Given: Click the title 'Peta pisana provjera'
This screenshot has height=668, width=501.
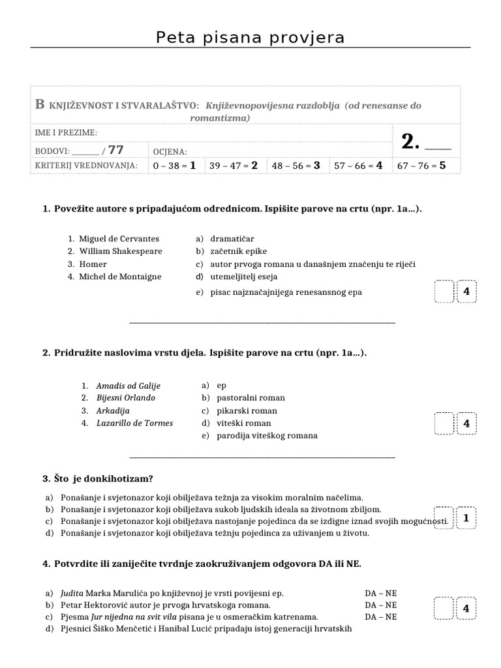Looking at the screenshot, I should (x=250, y=38).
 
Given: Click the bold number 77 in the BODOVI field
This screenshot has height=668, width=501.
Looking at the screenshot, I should (x=116, y=150).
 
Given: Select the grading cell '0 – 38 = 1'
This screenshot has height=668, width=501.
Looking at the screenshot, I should (x=174, y=166).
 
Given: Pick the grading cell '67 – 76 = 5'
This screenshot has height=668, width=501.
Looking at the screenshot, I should (x=421, y=166).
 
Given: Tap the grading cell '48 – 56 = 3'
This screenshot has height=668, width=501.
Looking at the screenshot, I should (x=296, y=166).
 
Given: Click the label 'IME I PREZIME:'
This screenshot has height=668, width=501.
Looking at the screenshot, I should (x=66, y=133).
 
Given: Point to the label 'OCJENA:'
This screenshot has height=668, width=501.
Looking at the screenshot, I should (x=170, y=151).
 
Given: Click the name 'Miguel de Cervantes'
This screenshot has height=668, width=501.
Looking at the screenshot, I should (x=119, y=239).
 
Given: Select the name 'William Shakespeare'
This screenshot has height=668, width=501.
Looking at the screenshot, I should (x=121, y=251).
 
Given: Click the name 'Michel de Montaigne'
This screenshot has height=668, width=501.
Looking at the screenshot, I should (x=120, y=277).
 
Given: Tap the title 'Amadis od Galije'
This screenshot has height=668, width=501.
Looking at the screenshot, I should (x=128, y=386).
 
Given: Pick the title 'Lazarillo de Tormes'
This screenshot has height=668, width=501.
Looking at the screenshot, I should (x=134, y=423).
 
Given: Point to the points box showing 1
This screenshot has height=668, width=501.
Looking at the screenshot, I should (x=466, y=519).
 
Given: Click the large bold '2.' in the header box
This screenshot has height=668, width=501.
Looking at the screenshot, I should (x=410, y=142).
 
